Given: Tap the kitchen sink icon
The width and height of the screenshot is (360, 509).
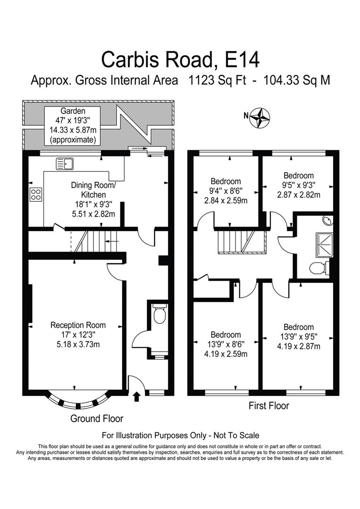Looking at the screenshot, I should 65,164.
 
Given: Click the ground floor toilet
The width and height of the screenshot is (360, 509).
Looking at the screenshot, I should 160,314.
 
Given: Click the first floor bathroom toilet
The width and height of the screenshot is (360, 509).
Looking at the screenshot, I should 319,268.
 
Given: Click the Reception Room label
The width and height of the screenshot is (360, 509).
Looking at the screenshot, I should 78,325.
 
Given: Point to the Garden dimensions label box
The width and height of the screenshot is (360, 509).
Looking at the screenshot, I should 73,125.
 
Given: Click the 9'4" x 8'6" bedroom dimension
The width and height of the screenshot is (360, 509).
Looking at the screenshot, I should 226,191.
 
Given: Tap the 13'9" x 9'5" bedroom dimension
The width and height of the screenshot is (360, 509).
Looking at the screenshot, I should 298,337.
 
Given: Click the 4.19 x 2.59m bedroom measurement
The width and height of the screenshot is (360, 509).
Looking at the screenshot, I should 226,354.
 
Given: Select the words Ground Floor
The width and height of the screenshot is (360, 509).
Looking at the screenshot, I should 97,419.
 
